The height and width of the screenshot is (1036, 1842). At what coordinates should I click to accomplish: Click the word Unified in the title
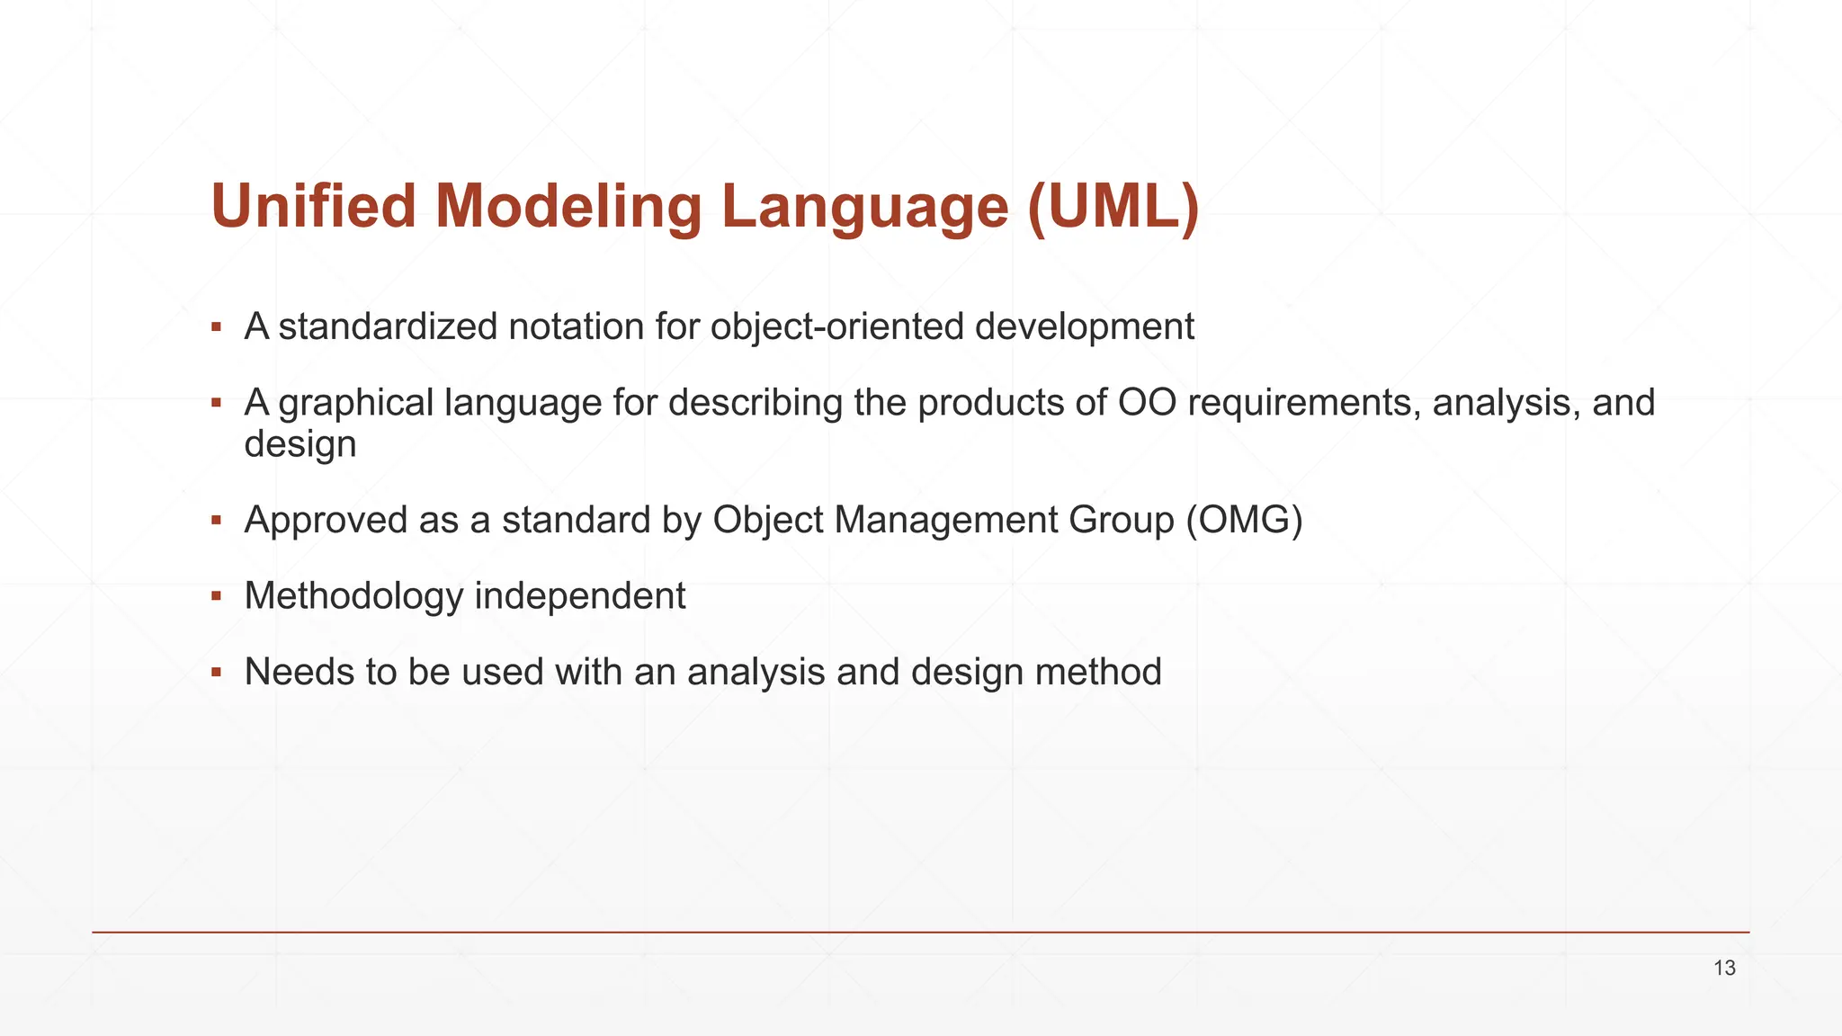pos(314,206)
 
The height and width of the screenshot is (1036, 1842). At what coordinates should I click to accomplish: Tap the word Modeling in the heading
pos(568,206)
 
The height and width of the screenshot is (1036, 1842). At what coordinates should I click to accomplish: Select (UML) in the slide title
pos(1113,206)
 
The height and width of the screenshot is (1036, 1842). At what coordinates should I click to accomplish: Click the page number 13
pos(1724,968)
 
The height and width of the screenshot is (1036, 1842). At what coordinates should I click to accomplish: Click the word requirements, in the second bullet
pos(1304,402)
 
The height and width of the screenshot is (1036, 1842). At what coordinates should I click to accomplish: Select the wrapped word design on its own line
pos(300,444)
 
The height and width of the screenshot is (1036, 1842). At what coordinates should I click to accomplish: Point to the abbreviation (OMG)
pos(1244,520)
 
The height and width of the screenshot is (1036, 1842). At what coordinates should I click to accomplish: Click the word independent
pos(580,596)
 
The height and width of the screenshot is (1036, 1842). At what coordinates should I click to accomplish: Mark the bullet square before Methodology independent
pos(216,596)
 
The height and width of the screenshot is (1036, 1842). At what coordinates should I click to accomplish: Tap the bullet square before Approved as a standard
pos(216,520)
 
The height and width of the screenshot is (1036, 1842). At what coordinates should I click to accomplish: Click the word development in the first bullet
pos(1084,326)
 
